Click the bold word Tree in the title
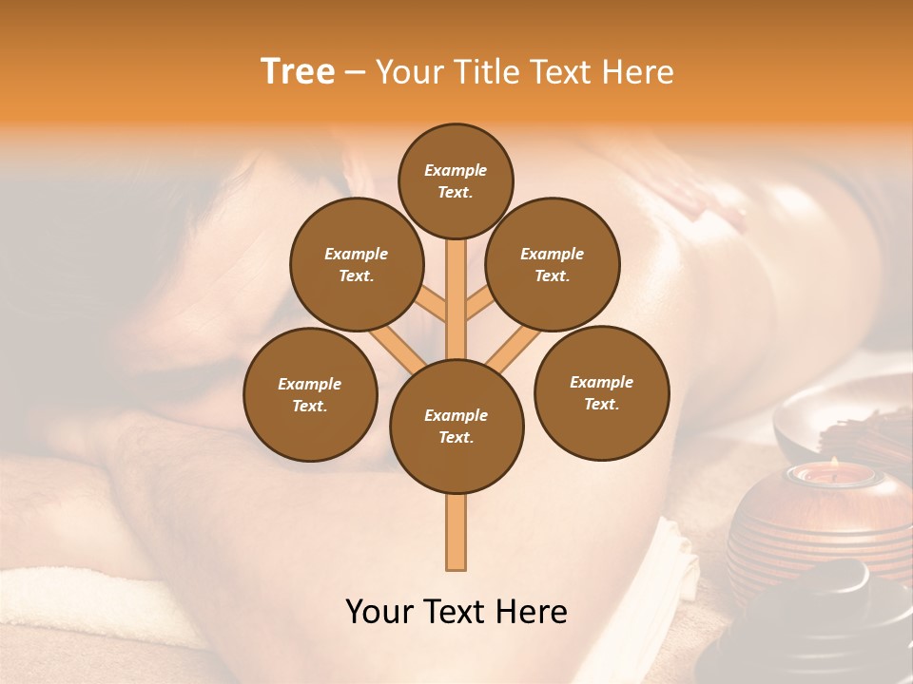tap(298, 71)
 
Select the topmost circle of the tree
tap(456, 180)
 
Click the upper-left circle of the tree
tap(356, 264)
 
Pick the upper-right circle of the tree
tap(553, 264)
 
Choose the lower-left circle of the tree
tap(310, 394)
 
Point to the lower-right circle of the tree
tap(601, 392)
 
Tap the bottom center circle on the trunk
tap(456, 426)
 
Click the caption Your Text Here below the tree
tap(456, 612)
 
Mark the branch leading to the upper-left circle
tap(428, 304)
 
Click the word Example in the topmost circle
tap(456, 170)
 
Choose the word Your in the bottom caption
tap(379, 612)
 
